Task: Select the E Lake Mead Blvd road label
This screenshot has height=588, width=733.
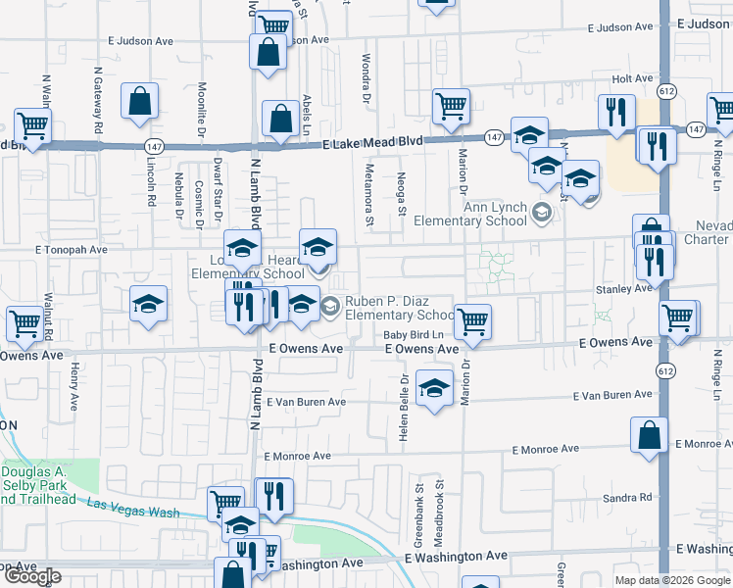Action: point(373,142)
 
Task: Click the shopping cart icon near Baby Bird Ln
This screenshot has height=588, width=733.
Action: point(472,321)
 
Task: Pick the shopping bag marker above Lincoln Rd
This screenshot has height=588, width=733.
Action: point(140,101)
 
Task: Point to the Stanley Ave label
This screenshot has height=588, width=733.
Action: point(628,289)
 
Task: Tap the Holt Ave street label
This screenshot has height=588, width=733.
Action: point(631,78)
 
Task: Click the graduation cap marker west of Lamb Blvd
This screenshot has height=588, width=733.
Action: point(149,304)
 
